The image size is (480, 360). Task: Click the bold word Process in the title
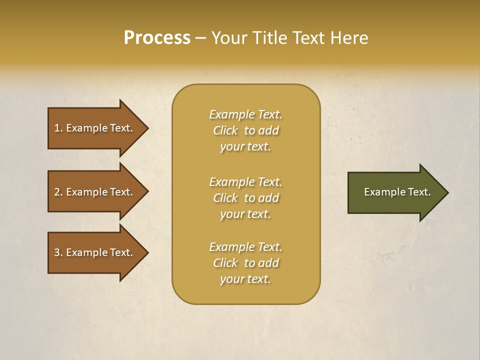pos(157,38)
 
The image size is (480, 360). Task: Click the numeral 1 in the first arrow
pos(57,128)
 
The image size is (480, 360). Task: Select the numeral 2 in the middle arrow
pos(57,192)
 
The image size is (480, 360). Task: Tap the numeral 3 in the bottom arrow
pos(57,252)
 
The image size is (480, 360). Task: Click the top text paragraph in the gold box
pos(245,130)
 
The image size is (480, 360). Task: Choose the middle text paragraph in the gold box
pos(245,198)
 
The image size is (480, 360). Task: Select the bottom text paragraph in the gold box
pos(245,263)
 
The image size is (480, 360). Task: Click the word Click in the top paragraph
pos(225,130)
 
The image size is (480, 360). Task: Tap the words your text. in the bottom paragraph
pos(245,279)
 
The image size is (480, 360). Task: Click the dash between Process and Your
pos(200,38)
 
